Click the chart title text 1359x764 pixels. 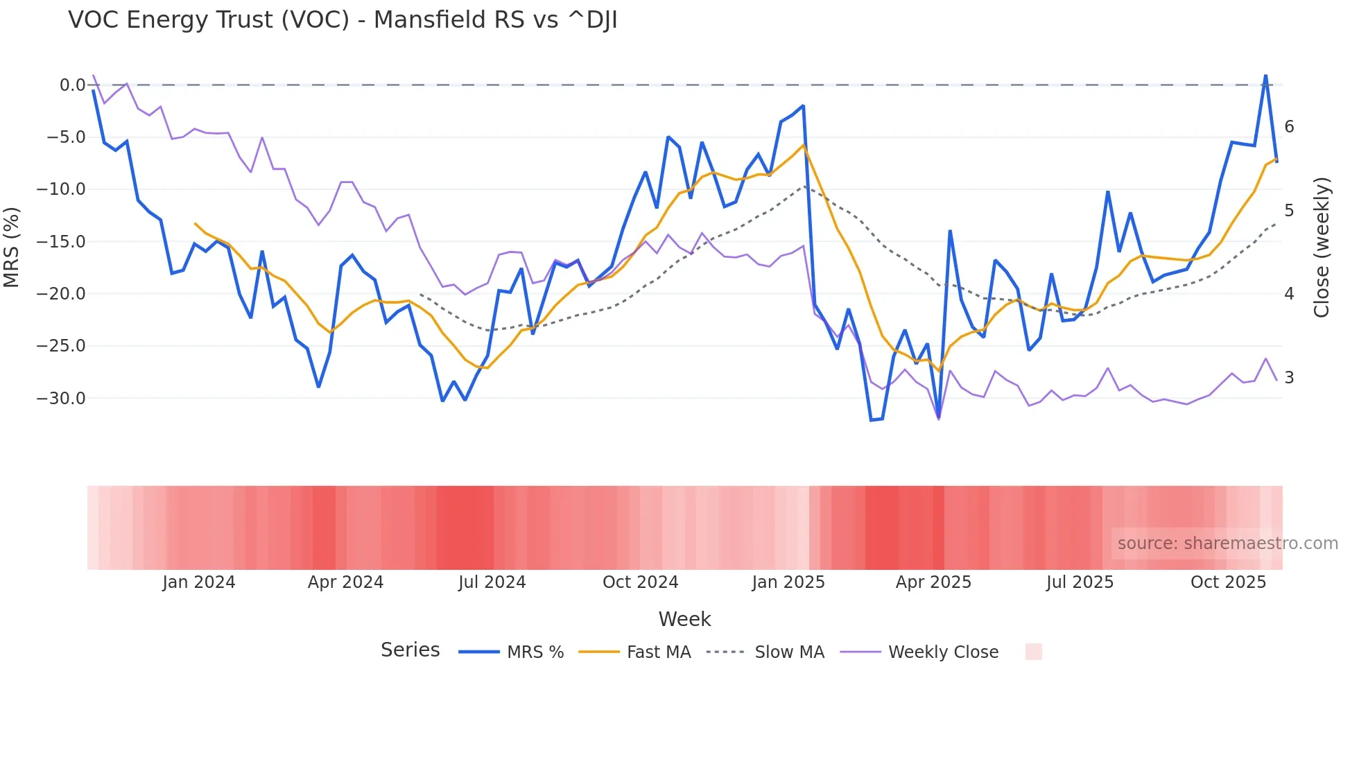point(343,20)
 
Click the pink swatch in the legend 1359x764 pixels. point(1033,652)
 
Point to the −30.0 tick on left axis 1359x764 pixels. point(61,399)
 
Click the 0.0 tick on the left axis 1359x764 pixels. point(72,85)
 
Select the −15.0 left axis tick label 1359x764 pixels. point(61,242)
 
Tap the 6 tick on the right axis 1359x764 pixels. point(1289,127)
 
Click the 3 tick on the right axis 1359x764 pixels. point(1289,378)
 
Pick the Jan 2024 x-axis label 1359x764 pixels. point(199,582)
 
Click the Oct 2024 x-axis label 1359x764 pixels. point(640,582)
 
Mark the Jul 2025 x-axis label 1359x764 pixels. point(1080,582)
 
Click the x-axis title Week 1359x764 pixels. point(684,619)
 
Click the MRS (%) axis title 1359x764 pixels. point(12,247)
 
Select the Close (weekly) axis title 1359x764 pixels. point(1322,247)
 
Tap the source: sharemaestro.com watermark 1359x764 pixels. point(1227,544)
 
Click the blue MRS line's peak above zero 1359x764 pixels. point(1265,76)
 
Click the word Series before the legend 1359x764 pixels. point(410,650)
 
